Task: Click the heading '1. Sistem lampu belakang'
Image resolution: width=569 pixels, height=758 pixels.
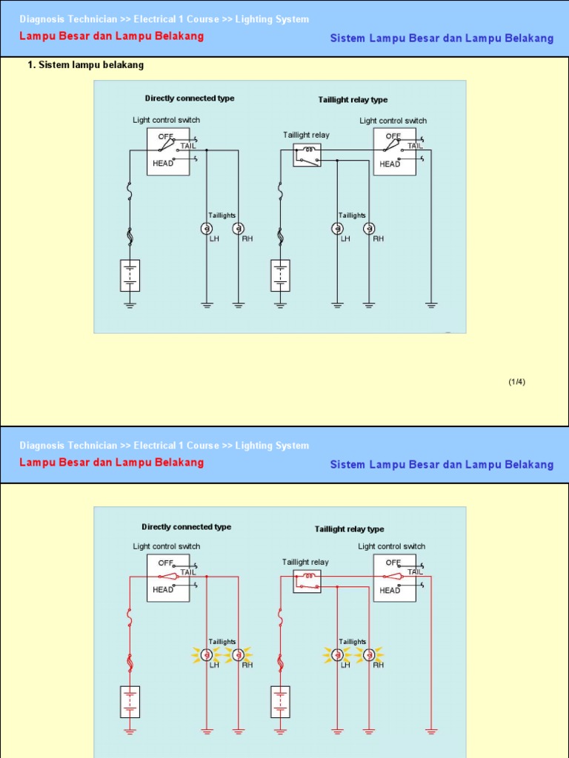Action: (x=86, y=65)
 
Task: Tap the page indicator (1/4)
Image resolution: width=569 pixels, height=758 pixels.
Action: (x=516, y=382)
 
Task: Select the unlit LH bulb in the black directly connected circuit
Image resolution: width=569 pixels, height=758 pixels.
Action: (x=207, y=229)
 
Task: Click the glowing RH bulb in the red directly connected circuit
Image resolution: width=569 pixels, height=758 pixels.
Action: (x=238, y=655)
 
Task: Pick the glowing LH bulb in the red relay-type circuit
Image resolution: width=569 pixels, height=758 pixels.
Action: (x=337, y=655)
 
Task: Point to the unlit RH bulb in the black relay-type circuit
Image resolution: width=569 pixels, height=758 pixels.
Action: (x=369, y=229)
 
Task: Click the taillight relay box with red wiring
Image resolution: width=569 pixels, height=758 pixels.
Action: (x=307, y=582)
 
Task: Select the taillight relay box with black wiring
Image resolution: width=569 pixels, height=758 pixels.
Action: (x=307, y=155)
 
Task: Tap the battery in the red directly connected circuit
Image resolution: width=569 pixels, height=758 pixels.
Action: (x=130, y=702)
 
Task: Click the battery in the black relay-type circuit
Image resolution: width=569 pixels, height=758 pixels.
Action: (x=280, y=275)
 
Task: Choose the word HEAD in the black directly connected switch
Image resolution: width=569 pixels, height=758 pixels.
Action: (x=162, y=164)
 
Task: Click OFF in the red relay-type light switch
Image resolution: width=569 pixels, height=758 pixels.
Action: (x=393, y=563)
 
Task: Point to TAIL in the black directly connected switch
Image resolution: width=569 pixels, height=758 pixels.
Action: (x=188, y=146)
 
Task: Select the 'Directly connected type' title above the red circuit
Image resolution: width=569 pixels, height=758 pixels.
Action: (x=186, y=527)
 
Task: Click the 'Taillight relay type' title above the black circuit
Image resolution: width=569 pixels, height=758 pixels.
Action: (x=353, y=100)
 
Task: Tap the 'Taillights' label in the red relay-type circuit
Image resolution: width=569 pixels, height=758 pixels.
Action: (x=352, y=642)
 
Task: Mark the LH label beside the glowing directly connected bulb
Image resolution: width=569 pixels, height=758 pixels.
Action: (x=214, y=665)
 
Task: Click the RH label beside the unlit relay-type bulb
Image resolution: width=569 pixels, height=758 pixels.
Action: (x=379, y=239)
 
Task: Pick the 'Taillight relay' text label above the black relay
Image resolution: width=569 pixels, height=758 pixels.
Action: (x=306, y=135)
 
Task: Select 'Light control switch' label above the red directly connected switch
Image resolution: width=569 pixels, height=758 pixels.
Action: (x=167, y=547)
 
